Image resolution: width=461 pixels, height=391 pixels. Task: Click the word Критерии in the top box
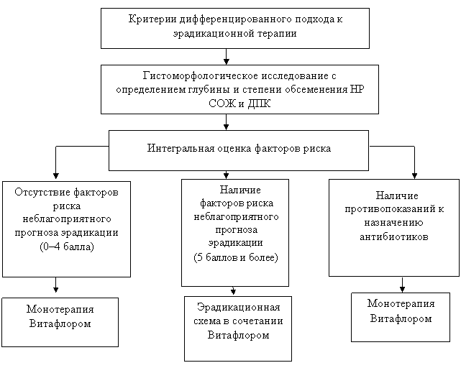coord(152,19)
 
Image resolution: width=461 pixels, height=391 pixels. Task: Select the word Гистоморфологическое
coord(201,76)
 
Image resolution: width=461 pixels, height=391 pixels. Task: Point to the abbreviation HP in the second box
coord(357,88)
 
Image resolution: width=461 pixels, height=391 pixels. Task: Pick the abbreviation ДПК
coord(259,103)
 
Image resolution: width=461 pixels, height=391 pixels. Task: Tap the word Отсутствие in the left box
coord(42,192)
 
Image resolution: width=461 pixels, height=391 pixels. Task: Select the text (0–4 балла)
coord(67,247)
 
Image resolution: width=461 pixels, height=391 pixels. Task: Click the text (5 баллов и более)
coord(236,257)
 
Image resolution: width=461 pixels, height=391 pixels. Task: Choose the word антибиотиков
coord(394,236)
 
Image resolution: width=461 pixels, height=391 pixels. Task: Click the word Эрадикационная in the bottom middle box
coord(239,308)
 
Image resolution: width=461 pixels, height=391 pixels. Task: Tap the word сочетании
coord(257,321)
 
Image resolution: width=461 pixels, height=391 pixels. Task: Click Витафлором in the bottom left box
coord(60,323)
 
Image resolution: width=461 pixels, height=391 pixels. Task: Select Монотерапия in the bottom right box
coord(401,304)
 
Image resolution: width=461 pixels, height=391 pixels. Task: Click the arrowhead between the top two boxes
coord(226,62)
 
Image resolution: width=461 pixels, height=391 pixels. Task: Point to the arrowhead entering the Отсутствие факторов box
coord(56,175)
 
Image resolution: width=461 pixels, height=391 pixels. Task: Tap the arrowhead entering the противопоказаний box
coord(414,175)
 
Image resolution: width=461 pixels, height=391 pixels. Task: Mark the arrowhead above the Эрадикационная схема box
coord(233,291)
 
